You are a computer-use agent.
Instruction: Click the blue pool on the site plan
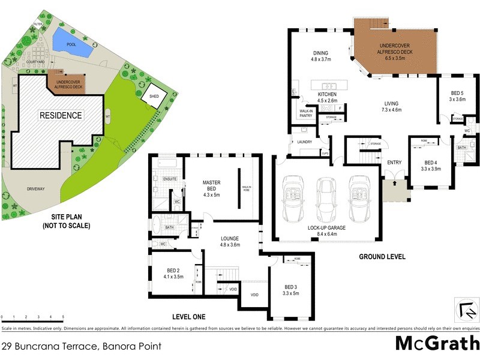click(x=71, y=41)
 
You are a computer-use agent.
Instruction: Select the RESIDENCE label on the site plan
click(x=61, y=115)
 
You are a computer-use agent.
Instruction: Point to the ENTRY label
click(x=394, y=163)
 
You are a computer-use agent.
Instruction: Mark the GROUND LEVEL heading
click(x=382, y=256)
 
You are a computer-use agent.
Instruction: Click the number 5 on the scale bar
click(x=63, y=316)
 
